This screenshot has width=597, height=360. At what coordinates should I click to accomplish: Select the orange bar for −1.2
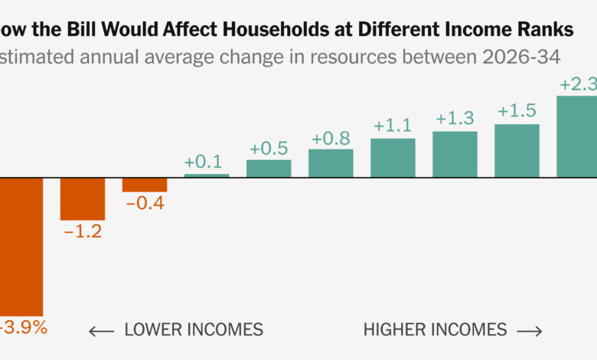point(83,199)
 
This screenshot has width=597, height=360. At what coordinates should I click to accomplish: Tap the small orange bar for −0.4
point(145,185)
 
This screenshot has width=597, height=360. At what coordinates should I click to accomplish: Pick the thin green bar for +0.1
point(207,175)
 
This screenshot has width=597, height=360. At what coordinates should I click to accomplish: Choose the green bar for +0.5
point(269,169)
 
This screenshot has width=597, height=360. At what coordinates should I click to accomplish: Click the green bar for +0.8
point(331,163)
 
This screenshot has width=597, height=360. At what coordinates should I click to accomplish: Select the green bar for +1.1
point(393,158)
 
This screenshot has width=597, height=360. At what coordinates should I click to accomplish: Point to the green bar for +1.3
point(455,155)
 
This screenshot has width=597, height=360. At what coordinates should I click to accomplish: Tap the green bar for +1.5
point(517,151)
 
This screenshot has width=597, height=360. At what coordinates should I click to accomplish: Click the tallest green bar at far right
point(577,136)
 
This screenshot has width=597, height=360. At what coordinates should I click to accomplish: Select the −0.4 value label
point(145,204)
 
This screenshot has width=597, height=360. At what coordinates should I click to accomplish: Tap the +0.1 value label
point(203,162)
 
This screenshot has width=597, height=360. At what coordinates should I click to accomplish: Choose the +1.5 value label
point(517,111)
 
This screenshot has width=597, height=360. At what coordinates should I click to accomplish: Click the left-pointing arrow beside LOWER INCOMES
point(101,331)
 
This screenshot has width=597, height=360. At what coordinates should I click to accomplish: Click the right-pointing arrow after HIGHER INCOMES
point(530,331)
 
